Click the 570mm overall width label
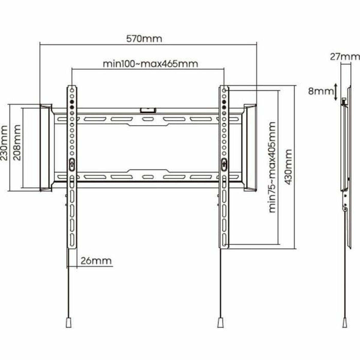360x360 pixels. point(144,39)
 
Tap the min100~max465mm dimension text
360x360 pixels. point(150,64)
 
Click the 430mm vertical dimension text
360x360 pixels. point(288,167)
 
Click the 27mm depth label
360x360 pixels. point(344,56)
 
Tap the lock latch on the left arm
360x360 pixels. point(72,164)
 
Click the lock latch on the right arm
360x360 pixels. point(225,164)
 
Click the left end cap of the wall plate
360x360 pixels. point(46,147)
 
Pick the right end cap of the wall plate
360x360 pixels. point(250,147)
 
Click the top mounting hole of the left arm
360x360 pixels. point(72,89)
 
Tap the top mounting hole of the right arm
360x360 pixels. point(225,89)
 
